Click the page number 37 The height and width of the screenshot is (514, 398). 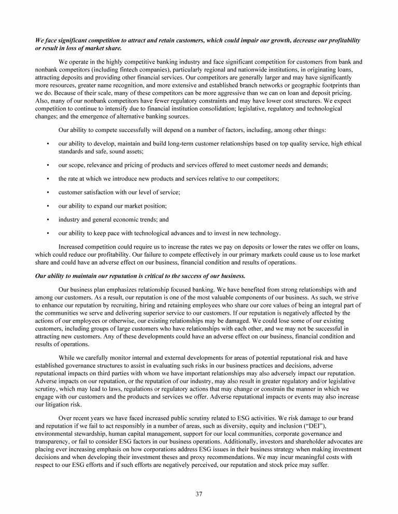[x=199, y=493]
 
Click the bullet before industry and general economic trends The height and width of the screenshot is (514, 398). [x=48, y=219]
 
